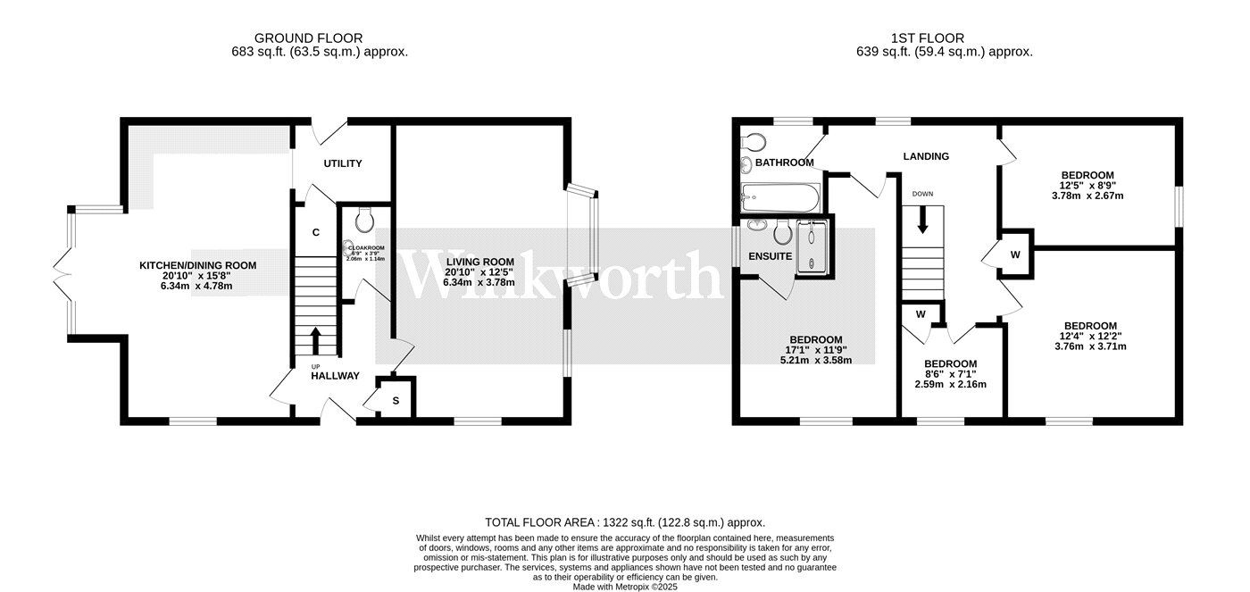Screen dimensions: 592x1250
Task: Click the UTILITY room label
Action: click(342, 163)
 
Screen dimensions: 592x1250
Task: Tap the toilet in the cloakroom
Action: click(363, 220)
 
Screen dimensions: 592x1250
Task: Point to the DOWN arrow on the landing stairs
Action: click(922, 219)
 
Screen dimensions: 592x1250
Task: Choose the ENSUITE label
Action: click(770, 256)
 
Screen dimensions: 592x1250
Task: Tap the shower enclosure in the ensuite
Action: click(812, 245)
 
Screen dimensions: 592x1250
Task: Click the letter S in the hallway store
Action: click(396, 400)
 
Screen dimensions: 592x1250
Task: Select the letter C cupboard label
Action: click(315, 232)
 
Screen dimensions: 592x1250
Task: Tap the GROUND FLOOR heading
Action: click(308, 38)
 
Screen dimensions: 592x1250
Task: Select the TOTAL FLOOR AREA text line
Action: click(625, 522)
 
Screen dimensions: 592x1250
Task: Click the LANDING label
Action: click(926, 156)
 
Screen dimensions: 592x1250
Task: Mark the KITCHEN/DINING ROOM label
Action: click(197, 265)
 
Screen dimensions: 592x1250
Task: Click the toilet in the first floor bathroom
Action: click(752, 142)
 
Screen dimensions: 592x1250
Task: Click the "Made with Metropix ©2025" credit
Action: click(625, 587)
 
